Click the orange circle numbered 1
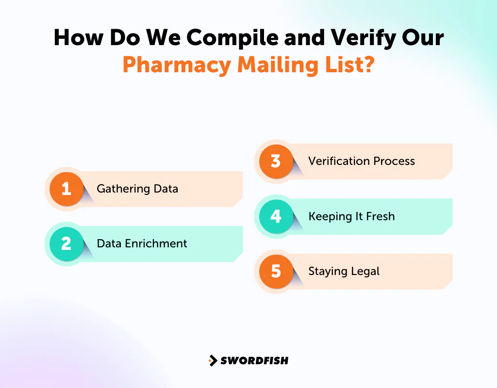click(66, 189)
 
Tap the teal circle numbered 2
click(66, 243)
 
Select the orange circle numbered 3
click(276, 161)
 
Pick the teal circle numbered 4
click(276, 216)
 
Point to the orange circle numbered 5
click(276, 271)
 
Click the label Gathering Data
click(137, 189)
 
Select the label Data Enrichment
click(142, 243)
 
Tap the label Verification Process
click(362, 161)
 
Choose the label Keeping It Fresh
click(351, 216)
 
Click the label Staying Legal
click(344, 271)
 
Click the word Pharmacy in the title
click(177, 65)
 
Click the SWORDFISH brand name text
click(254, 360)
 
